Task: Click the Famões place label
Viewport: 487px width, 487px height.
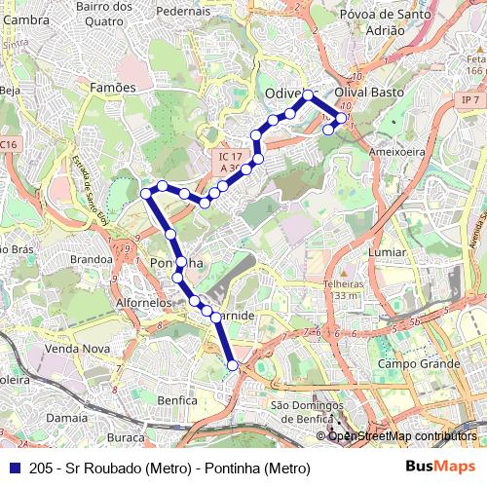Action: (113, 88)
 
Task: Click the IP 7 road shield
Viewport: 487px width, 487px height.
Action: (472, 100)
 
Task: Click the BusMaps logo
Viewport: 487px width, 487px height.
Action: (439, 468)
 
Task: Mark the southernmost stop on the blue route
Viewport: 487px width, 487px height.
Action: (232, 365)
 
